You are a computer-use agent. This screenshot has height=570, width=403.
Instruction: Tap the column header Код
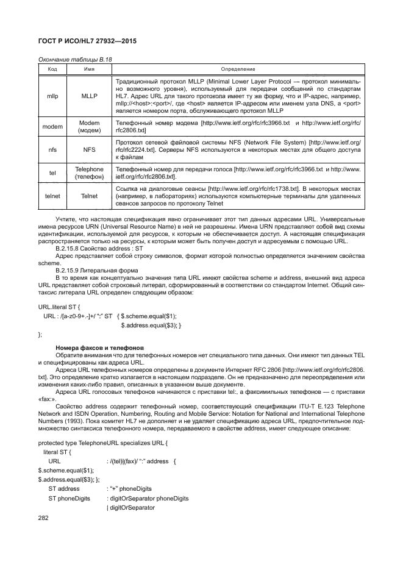pyautogui.click(x=52, y=69)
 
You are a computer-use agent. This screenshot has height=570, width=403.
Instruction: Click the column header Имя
pyautogui.click(x=89, y=69)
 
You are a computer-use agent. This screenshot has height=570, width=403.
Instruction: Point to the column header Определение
pyautogui.click(x=238, y=69)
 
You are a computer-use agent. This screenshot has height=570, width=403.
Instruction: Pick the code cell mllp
pyautogui.click(x=52, y=96)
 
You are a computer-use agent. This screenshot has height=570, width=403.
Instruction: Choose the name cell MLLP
pyautogui.click(x=89, y=96)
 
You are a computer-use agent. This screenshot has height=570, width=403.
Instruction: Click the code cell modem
pyautogui.click(x=52, y=126)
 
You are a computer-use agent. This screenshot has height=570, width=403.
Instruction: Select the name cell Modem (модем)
pyautogui.click(x=89, y=126)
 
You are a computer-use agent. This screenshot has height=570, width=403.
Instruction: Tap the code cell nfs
pyautogui.click(x=52, y=148)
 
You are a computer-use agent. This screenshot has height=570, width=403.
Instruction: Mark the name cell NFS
pyautogui.click(x=89, y=148)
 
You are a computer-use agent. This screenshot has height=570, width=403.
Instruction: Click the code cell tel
pyautogui.click(x=52, y=173)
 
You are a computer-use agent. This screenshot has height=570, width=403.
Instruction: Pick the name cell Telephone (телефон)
pyautogui.click(x=89, y=173)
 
